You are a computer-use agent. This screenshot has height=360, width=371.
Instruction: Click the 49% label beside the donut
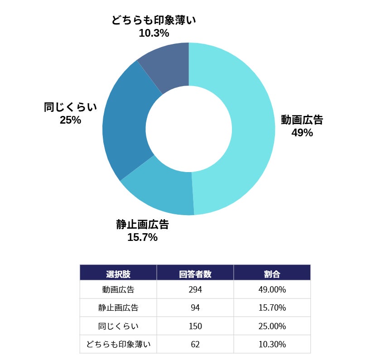click(302, 133)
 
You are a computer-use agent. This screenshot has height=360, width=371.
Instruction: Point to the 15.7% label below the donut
click(142, 237)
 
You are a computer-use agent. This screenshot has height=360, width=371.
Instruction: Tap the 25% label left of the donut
click(70, 120)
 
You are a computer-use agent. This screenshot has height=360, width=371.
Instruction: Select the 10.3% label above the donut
click(154, 33)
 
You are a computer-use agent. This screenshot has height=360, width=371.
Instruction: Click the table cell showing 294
click(195, 290)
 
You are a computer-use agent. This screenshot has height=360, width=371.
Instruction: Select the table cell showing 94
click(195, 308)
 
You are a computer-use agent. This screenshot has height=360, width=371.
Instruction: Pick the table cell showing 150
click(195, 326)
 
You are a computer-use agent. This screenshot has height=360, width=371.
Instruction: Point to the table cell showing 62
click(195, 344)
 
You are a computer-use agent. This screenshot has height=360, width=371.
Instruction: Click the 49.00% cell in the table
click(272, 290)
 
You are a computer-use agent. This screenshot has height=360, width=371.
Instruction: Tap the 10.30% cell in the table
click(272, 344)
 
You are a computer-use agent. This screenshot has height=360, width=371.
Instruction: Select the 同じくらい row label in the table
click(118, 326)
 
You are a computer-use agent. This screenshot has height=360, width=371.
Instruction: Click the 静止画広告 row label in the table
click(118, 308)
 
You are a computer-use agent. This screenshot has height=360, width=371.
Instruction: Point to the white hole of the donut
click(188, 129)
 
